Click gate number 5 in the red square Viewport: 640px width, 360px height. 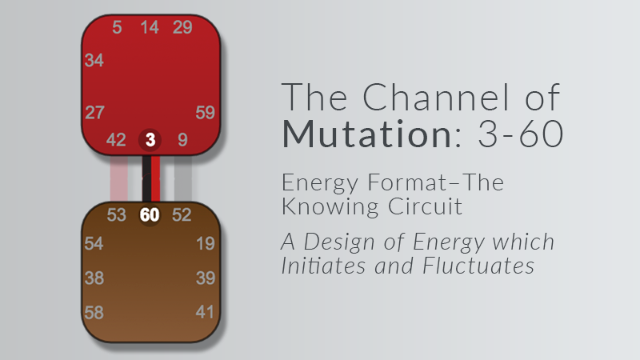pyautogui.click(x=117, y=27)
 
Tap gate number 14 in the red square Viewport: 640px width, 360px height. pyautogui.click(x=150, y=27)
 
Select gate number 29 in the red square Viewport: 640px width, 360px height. pyautogui.click(x=182, y=27)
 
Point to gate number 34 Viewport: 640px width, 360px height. pyautogui.click(x=94, y=61)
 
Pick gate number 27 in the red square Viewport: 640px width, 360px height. pyautogui.click(x=94, y=113)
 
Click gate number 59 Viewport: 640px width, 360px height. pyautogui.click(x=205, y=113)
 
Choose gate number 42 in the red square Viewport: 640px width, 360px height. pyautogui.click(x=116, y=140)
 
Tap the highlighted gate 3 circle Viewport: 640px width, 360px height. pyautogui.click(x=150, y=140)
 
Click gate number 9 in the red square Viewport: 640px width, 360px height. pyautogui.click(x=183, y=140)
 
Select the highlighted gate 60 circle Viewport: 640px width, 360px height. pyautogui.click(x=150, y=214)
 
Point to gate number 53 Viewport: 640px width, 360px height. pyautogui.click(x=116, y=215)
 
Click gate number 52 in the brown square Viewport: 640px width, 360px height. pyautogui.click(x=182, y=215)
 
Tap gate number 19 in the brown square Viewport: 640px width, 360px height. pyautogui.click(x=206, y=244)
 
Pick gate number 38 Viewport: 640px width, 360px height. pyautogui.click(x=94, y=278)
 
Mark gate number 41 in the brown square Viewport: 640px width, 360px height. pyautogui.click(x=205, y=312)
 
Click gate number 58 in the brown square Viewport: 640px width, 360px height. pyautogui.click(x=94, y=313)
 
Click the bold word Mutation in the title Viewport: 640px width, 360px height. pyautogui.click(x=366, y=134)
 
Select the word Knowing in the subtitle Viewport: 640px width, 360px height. pyautogui.click(x=330, y=207)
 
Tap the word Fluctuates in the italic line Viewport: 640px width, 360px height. pyautogui.click(x=478, y=266)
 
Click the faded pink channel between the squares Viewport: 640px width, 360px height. pyautogui.click(x=118, y=178)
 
